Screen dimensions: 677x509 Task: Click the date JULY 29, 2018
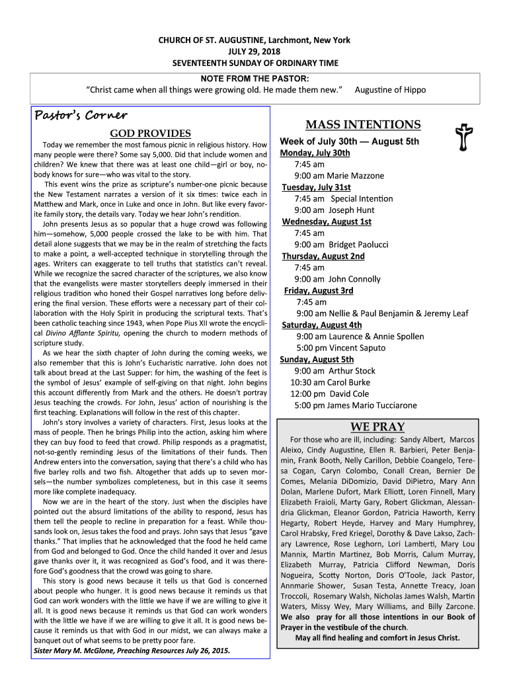pyautogui.click(x=255, y=52)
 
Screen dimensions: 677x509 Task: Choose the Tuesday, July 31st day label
pyautogui.click(x=316, y=187)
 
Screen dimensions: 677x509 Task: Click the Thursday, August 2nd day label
pyautogui.click(x=323, y=256)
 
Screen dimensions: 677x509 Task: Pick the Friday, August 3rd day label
pyautogui.click(x=319, y=290)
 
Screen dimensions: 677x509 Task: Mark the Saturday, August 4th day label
pyautogui.click(x=321, y=325)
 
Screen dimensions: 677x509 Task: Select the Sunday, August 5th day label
pyautogui.click(x=317, y=359)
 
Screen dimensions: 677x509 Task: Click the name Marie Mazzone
pyautogui.click(x=355, y=176)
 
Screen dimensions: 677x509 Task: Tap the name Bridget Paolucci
pyautogui.click(x=358, y=245)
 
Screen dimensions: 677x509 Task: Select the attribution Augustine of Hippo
pyautogui.click(x=391, y=89)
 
